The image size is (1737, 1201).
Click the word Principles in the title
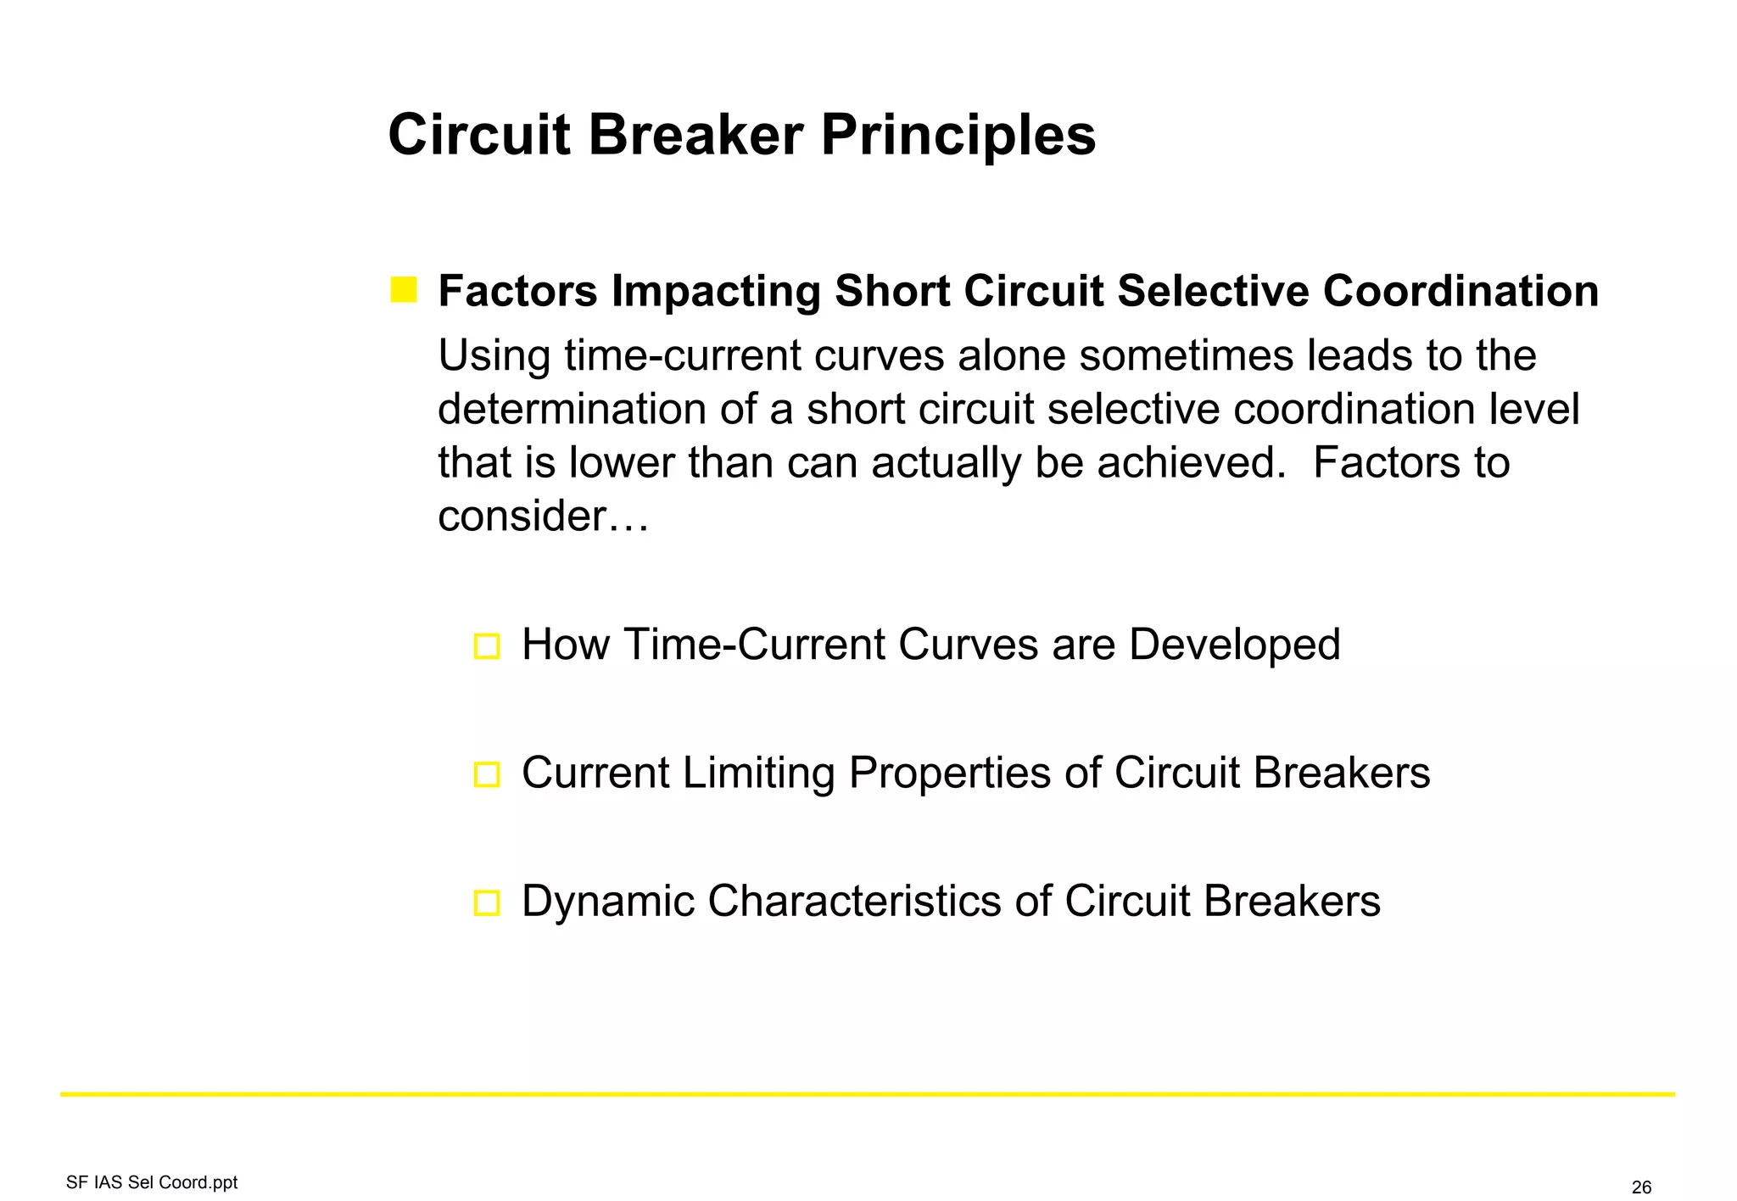click(x=958, y=136)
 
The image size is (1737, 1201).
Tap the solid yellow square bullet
click(x=404, y=290)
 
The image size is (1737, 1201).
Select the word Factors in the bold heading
click(x=517, y=291)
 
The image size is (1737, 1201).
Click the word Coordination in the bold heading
click(x=1461, y=291)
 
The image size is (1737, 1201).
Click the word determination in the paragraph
click(x=572, y=409)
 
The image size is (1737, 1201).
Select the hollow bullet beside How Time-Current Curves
click(x=487, y=646)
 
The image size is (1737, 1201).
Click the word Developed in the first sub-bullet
click(x=1234, y=645)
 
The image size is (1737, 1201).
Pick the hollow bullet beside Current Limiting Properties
click(x=487, y=774)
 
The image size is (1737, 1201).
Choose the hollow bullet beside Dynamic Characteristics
click(x=487, y=902)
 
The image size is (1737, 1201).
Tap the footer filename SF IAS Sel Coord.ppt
click(x=152, y=1182)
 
